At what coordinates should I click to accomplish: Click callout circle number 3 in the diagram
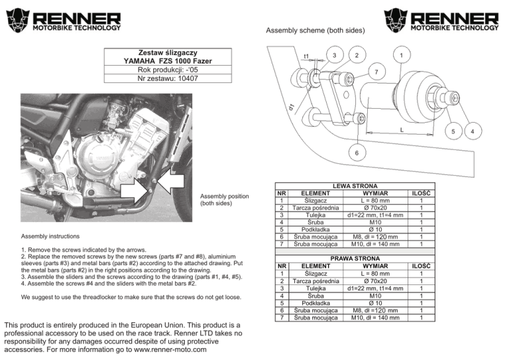pyautogui.click(x=336, y=54)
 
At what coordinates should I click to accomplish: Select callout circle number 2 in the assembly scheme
pyautogui.click(x=357, y=54)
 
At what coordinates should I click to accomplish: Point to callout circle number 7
pyautogui.click(x=375, y=72)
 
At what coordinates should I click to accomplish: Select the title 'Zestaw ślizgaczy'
pyautogui.click(x=166, y=52)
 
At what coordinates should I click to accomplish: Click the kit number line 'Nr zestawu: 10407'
pyautogui.click(x=166, y=78)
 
